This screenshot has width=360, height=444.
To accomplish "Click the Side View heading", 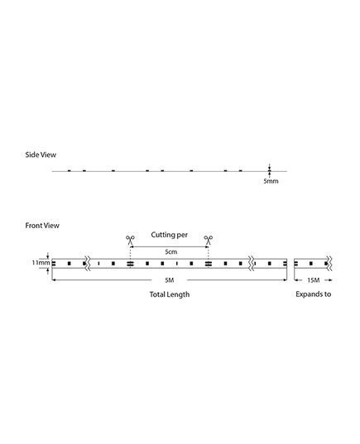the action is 41,155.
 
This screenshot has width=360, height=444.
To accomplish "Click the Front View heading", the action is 42,226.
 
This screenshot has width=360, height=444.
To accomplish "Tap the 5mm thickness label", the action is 271,181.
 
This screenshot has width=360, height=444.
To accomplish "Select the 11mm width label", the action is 41,262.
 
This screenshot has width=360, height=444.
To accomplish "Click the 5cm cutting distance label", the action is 171,251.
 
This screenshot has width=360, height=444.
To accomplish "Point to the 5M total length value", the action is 169,280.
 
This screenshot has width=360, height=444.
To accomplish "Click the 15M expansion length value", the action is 314,280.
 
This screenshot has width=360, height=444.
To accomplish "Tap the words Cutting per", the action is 169,235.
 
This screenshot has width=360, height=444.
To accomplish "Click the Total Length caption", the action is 170,294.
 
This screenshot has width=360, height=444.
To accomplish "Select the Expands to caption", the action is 313,294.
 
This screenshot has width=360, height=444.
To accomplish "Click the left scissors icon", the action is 130,240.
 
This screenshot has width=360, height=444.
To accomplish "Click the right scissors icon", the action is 209,240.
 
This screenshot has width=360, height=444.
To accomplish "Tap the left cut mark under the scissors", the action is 130,264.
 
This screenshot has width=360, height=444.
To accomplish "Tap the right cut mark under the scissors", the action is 209,264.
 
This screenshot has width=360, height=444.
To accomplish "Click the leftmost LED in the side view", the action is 70,170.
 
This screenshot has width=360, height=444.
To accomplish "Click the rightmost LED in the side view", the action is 240,170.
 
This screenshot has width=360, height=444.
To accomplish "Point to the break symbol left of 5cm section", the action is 88,264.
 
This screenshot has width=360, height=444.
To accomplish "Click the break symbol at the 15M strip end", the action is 329,264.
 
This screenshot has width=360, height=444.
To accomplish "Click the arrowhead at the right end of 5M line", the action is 286,280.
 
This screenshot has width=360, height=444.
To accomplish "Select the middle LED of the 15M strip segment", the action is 311,264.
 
